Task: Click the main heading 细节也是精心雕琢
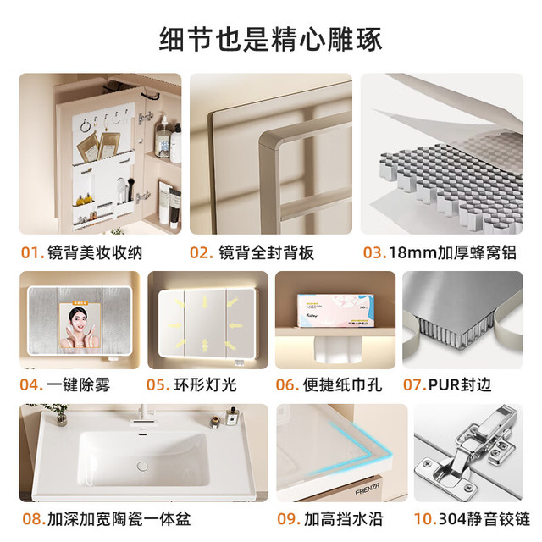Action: click(271, 40)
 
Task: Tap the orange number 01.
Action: click(32, 252)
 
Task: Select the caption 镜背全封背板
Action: click(266, 252)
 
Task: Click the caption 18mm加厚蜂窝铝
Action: click(452, 252)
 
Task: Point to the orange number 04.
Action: click(31, 384)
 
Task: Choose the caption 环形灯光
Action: click(205, 384)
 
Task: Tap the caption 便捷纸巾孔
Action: click(342, 384)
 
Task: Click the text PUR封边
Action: click(459, 384)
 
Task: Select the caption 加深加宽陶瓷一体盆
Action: click(119, 519)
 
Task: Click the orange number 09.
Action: click(288, 519)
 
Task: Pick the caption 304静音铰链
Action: click(484, 519)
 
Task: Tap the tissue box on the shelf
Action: click(335, 311)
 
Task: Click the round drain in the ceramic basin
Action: click(142, 466)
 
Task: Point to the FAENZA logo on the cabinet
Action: click(368, 489)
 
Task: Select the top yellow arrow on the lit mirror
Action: click(205, 301)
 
